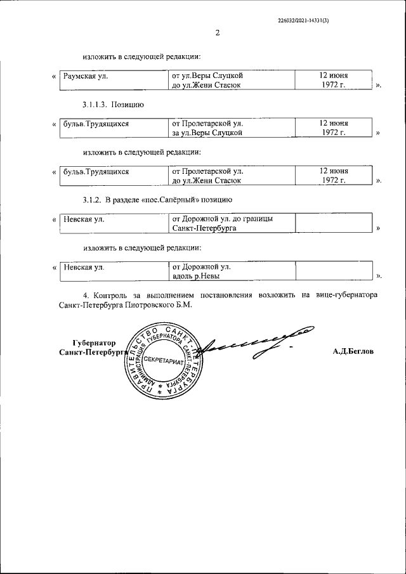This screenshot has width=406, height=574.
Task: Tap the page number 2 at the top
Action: coord(217,33)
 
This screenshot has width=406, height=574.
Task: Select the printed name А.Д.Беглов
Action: coord(353,351)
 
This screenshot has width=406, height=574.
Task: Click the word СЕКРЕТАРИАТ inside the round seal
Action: coord(163,360)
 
